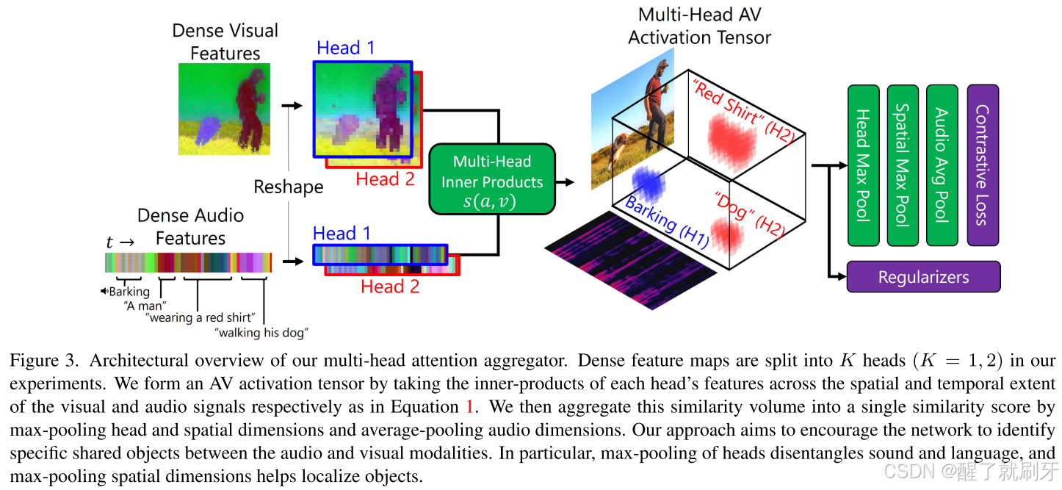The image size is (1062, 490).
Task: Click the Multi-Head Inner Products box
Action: point(491,180)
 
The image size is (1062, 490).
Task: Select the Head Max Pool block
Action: point(864,165)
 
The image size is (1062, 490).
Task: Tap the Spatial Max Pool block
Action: point(903,165)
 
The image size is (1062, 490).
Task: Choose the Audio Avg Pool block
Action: point(942,165)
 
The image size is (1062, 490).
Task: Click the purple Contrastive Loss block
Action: point(983,165)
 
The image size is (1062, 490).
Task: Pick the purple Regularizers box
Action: point(923,277)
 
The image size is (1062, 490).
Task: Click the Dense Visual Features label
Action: point(225,42)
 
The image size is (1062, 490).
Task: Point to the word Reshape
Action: point(289,187)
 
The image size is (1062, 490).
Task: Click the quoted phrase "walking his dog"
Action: point(261,333)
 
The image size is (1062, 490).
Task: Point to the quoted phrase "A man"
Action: point(145,305)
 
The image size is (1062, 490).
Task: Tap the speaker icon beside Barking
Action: point(104,292)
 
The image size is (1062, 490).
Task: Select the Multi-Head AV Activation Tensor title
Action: point(699,26)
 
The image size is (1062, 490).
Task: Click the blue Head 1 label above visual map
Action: point(345,48)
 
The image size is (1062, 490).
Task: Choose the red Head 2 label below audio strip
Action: point(390,287)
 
